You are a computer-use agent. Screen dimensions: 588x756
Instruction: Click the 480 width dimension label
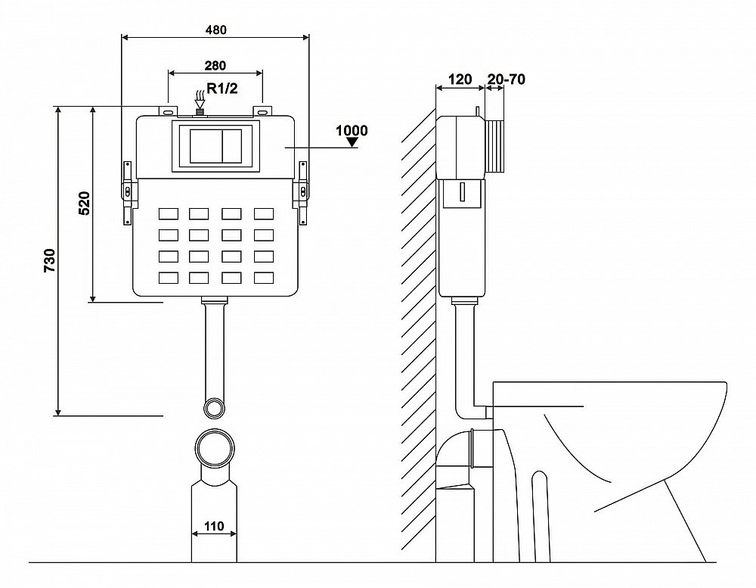pyautogui.click(x=215, y=30)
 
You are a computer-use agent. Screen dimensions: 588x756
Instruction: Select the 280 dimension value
pyautogui.click(x=215, y=66)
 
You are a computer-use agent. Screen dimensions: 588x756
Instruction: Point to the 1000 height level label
pyautogui.click(x=352, y=130)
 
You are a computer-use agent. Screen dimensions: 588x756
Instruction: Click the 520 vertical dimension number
pyautogui.click(x=85, y=204)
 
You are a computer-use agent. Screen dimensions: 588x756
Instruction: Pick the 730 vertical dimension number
pyautogui.click(x=49, y=260)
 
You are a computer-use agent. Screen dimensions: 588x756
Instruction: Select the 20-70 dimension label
pyautogui.click(x=507, y=79)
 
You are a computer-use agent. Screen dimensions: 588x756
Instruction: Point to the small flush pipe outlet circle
pyautogui.click(x=215, y=407)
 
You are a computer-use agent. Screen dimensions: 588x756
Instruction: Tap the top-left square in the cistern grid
pyautogui.click(x=168, y=214)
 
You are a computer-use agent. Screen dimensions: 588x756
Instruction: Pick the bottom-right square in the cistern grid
pyautogui.click(x=263, y=278)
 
